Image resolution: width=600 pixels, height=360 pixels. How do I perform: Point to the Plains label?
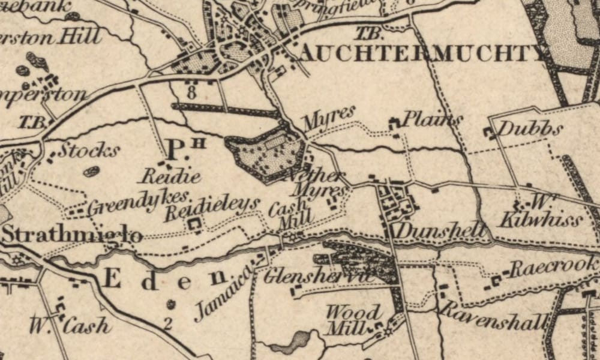[432, 119]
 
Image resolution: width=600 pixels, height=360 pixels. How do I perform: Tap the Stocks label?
[89, 150]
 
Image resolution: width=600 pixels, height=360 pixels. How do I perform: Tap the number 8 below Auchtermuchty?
[191, 93]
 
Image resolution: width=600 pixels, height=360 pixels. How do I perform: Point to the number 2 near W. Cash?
[168, 325]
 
